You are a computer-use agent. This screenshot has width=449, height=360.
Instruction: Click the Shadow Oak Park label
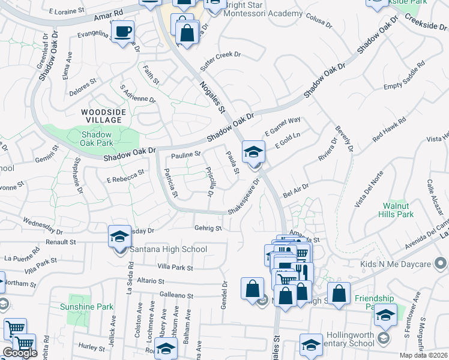tap(97, 139)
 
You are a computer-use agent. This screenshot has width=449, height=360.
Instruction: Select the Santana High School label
tap(171, 250)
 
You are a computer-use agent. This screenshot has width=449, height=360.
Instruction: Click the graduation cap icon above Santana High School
tap(119, 237)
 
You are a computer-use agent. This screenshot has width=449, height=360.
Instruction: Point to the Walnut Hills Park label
tap(398, 210)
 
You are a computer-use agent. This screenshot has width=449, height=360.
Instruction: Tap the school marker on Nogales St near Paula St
tap(253, 152)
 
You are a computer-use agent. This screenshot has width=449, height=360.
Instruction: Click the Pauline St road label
tap(185, 155)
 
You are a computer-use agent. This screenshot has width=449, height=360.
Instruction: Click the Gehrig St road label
tap(208, 228)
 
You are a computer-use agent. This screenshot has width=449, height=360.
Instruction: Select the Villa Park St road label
tap(175, 268)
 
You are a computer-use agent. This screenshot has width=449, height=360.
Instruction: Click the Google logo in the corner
tap(20, 353)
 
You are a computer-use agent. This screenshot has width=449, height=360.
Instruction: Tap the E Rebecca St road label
tap(125, 175)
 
